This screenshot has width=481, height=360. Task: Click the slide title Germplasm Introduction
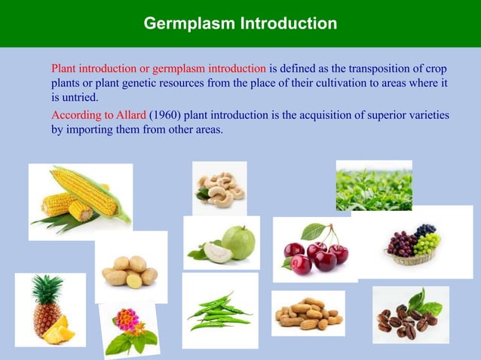(x=240, y=23)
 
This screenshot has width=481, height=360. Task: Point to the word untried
(x=79, y=98)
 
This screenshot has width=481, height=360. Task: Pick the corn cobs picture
(x=80, y=200)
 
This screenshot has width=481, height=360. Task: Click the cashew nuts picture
(x=219, y=188)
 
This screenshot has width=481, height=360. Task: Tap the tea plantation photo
(x=373, y=186)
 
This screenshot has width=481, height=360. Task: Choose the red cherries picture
(x=314, y=250)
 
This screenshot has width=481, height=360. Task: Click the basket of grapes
(x=413, y=245)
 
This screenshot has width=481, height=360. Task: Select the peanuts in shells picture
(x=308, y=313)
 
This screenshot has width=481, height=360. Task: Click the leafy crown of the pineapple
(x=47, y=289)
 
